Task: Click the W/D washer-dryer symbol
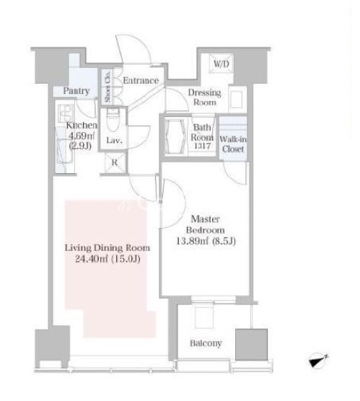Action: coord(221,63)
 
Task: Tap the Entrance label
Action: coord(141,81)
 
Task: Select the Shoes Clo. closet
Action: coord(107,87)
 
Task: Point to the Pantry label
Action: coord(76,91)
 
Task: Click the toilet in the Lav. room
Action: coord(113,121)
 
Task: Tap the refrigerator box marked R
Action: coord(115,162)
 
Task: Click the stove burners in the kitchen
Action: coord(65,113)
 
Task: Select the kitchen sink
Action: coord(64,151)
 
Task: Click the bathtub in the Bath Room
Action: coord(175,136)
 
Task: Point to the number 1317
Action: coord(203,146)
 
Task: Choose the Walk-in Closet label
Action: coord(233,144)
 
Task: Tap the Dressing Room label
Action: coord(204,97)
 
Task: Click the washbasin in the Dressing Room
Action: coord(236,99)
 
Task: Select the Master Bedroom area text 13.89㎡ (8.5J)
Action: coord(206,241)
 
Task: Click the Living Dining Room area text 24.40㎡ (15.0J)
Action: coord(107,259)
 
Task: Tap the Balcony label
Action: coord(206,343)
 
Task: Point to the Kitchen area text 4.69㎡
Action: coord(81,136)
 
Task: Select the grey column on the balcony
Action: coord(252,345)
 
